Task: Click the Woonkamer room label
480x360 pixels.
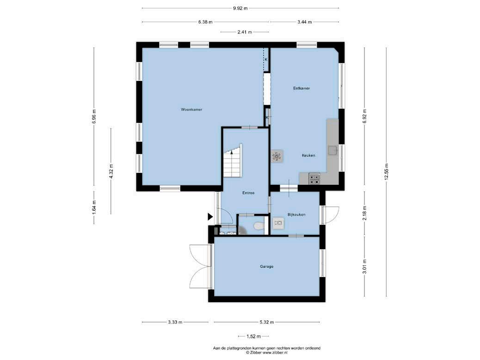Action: pyautogui.click(x=191, y=110)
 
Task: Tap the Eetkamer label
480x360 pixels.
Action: pyautogui.click(x=302, y=88)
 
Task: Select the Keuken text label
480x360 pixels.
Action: pyautogui.click(x=308, y=155)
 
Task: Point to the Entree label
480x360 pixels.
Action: pyautogui.click(x=248, y=193)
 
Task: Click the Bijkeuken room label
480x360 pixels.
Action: pyautogui.click(x=296, y=215)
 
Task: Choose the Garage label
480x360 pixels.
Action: pyautogui.click(x=267, y=266)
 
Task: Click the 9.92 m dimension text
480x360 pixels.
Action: pyautogui.click(x=240, y=8)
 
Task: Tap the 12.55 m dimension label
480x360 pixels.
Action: pyautogui.click(x=386, y=172)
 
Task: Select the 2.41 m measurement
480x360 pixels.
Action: pyautogui.click(x=245, y=32)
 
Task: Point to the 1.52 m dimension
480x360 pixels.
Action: pyautogui.click(x=253, y=336)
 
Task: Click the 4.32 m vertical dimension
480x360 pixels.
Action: pyautogui.click(x=111, y=171)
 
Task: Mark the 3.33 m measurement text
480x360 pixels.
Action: pyautogui.click(x=175, y=322)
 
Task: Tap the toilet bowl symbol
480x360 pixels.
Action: pyautogui.click(x=259, y=226)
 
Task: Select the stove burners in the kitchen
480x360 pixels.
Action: pyautogui.click(x=314, y=179)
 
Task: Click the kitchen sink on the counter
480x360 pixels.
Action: pyautogui.click(x=332, y=150)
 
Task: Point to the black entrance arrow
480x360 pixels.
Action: pyautogui.click(x=210, y=217)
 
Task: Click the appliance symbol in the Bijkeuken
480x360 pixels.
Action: pyautogui.click(x=278, y=223)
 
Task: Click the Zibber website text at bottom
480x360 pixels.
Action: pyautogui.click(x=267, y=353)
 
